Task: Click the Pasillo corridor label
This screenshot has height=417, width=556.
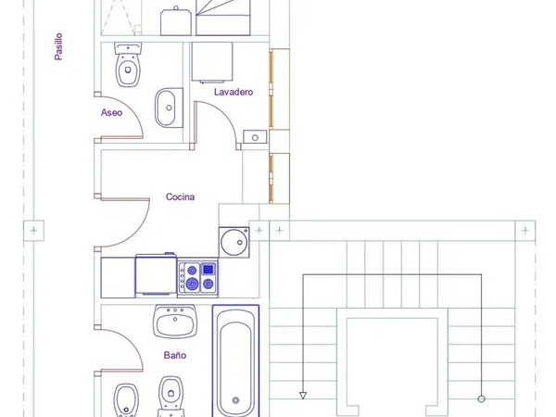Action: click(59, 46)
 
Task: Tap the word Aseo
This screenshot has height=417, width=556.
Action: click(111, 112)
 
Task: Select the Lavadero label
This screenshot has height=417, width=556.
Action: click(234, 92)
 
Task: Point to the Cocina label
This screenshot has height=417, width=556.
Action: click(180, 196)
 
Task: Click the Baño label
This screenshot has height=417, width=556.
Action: click(175, 355)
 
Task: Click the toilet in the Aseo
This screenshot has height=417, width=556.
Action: click(128, 65)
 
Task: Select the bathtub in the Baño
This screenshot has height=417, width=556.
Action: click(235, 360)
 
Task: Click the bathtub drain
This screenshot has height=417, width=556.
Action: click(235, 400)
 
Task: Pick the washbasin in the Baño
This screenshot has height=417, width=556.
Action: click(175, 321)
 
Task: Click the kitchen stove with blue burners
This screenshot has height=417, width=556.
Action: click(197, 277)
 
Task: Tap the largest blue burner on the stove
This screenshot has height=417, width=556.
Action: click(192, 284)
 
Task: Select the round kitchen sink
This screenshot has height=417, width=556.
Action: click(234, 242)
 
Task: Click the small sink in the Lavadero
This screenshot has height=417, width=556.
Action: click(255, 137)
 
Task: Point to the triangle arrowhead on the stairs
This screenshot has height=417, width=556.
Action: click(303, 395)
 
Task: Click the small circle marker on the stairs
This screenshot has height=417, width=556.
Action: click(481, 398)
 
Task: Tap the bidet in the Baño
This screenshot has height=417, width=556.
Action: click(125, 400)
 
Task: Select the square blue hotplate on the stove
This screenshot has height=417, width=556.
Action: click(208, 270)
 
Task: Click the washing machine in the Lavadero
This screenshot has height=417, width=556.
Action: click(212, 62)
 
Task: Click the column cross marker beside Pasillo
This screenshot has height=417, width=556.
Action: click(33, 231)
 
